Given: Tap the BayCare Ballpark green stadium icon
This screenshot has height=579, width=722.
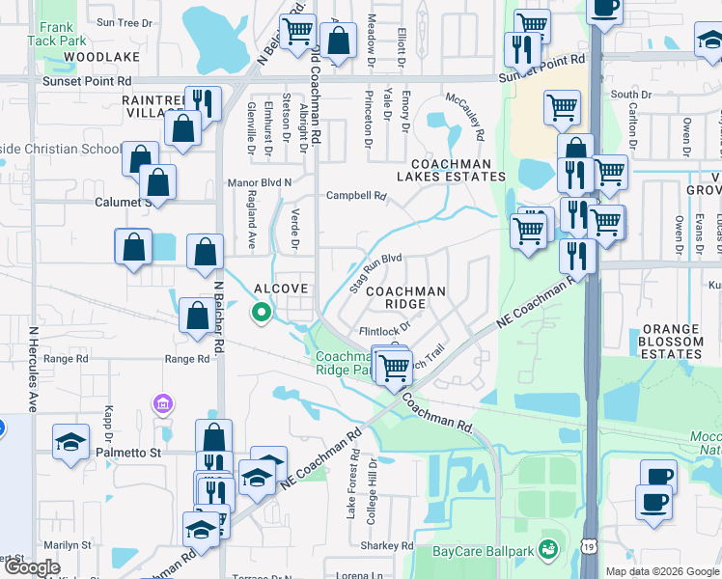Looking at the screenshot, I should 549,549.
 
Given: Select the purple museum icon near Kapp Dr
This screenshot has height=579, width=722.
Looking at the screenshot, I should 163,402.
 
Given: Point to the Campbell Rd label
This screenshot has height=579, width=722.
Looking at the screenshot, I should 356,195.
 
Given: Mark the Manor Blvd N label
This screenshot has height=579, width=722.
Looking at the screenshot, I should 258,181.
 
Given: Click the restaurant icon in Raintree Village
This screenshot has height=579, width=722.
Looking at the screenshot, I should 203,101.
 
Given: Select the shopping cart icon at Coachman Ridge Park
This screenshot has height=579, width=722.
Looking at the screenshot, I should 393,368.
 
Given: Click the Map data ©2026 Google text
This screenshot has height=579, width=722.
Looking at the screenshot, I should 661,571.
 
